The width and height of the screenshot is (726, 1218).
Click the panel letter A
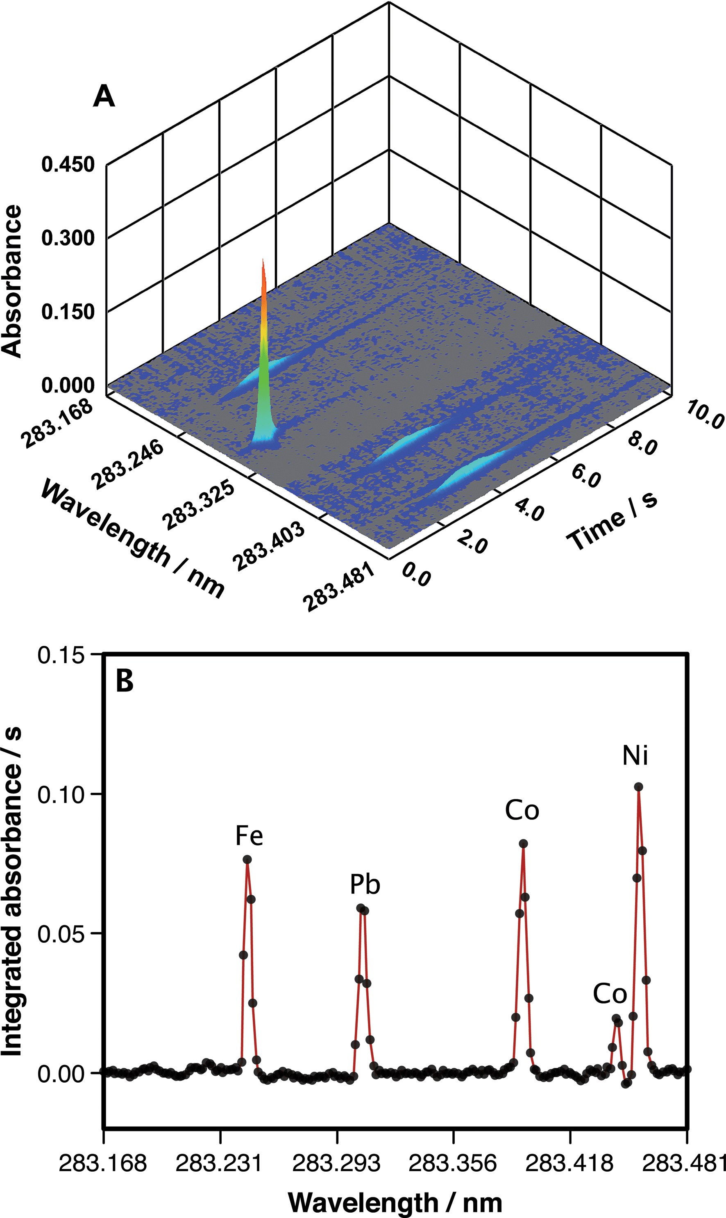pos(104,96)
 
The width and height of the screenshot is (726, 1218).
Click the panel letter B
pos(124,681)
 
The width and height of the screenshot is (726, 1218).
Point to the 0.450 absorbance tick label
pos(68,164)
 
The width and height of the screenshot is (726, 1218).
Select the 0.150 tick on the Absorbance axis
pos(68,311)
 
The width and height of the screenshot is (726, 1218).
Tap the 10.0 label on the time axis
pos(704,414)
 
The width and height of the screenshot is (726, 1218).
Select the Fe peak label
pos(249,835)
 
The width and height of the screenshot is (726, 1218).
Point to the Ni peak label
pos(635,755)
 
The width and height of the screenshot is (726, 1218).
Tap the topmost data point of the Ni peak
pos(638,787)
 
